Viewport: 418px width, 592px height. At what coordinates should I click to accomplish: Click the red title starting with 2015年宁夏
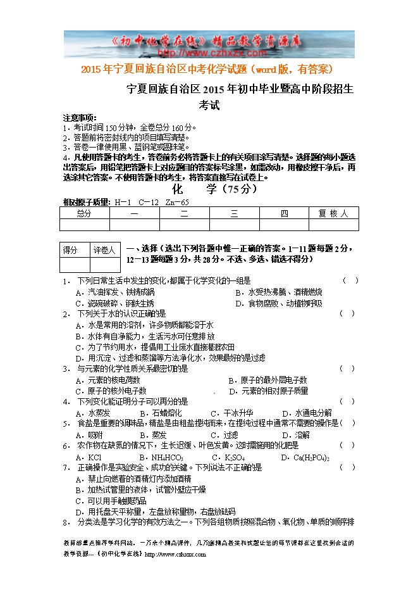coord(208,68)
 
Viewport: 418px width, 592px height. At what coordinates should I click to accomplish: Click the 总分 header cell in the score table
coord(84,214)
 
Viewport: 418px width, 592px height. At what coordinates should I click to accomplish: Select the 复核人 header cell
coord(333,214)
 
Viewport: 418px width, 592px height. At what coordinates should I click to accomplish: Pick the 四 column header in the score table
coord(284,214)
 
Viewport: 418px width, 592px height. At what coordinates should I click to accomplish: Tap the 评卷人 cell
coord(104,251)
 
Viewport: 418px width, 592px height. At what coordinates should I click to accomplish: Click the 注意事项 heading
coord(80,118)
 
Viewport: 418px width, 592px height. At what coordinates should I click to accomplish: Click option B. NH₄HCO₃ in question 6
coord(161,457)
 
